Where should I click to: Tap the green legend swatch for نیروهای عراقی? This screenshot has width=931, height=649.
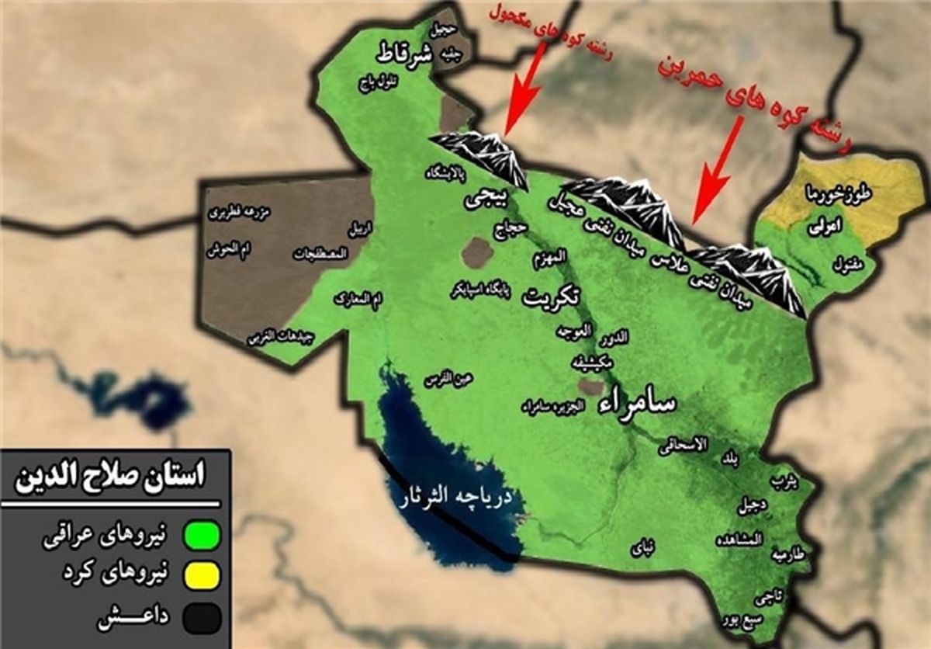click(202, 536)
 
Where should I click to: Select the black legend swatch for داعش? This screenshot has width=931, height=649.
click(202, 619)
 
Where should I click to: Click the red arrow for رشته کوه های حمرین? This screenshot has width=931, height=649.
click(714, 179)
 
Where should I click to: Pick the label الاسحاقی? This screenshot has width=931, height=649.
click(683, 445)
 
